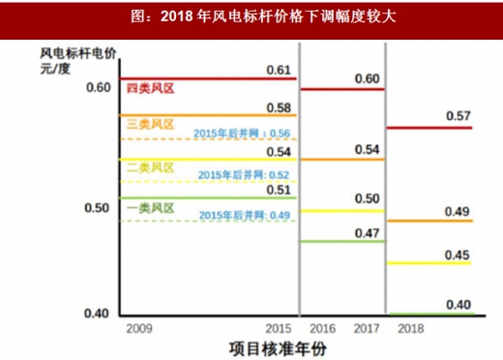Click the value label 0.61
pyautogui.click(x=279, y=70)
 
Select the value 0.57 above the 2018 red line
pyautogui.click(x=458, y=116)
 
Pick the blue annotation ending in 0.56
pyautogui.click(x=241, y=134)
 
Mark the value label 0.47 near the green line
pyautogui.click(x=366, y=232)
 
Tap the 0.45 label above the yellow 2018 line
pyautogui.click(x=458, y=254)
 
